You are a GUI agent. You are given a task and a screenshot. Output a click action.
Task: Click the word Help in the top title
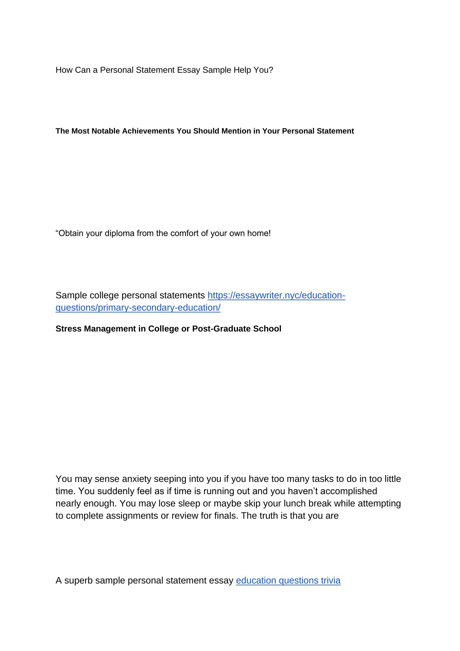[x=242, y=70]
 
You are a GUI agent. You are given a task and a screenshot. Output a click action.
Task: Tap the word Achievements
[x=148, y=131]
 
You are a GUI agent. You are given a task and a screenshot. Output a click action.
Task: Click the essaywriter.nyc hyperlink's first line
[x=276, y=296]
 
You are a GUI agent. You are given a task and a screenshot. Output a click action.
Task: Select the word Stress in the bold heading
[x=68, y=329]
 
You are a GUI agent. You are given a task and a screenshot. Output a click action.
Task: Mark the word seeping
[x=170, y=479]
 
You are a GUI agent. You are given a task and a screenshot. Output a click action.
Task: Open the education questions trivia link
[x=288, y=581]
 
